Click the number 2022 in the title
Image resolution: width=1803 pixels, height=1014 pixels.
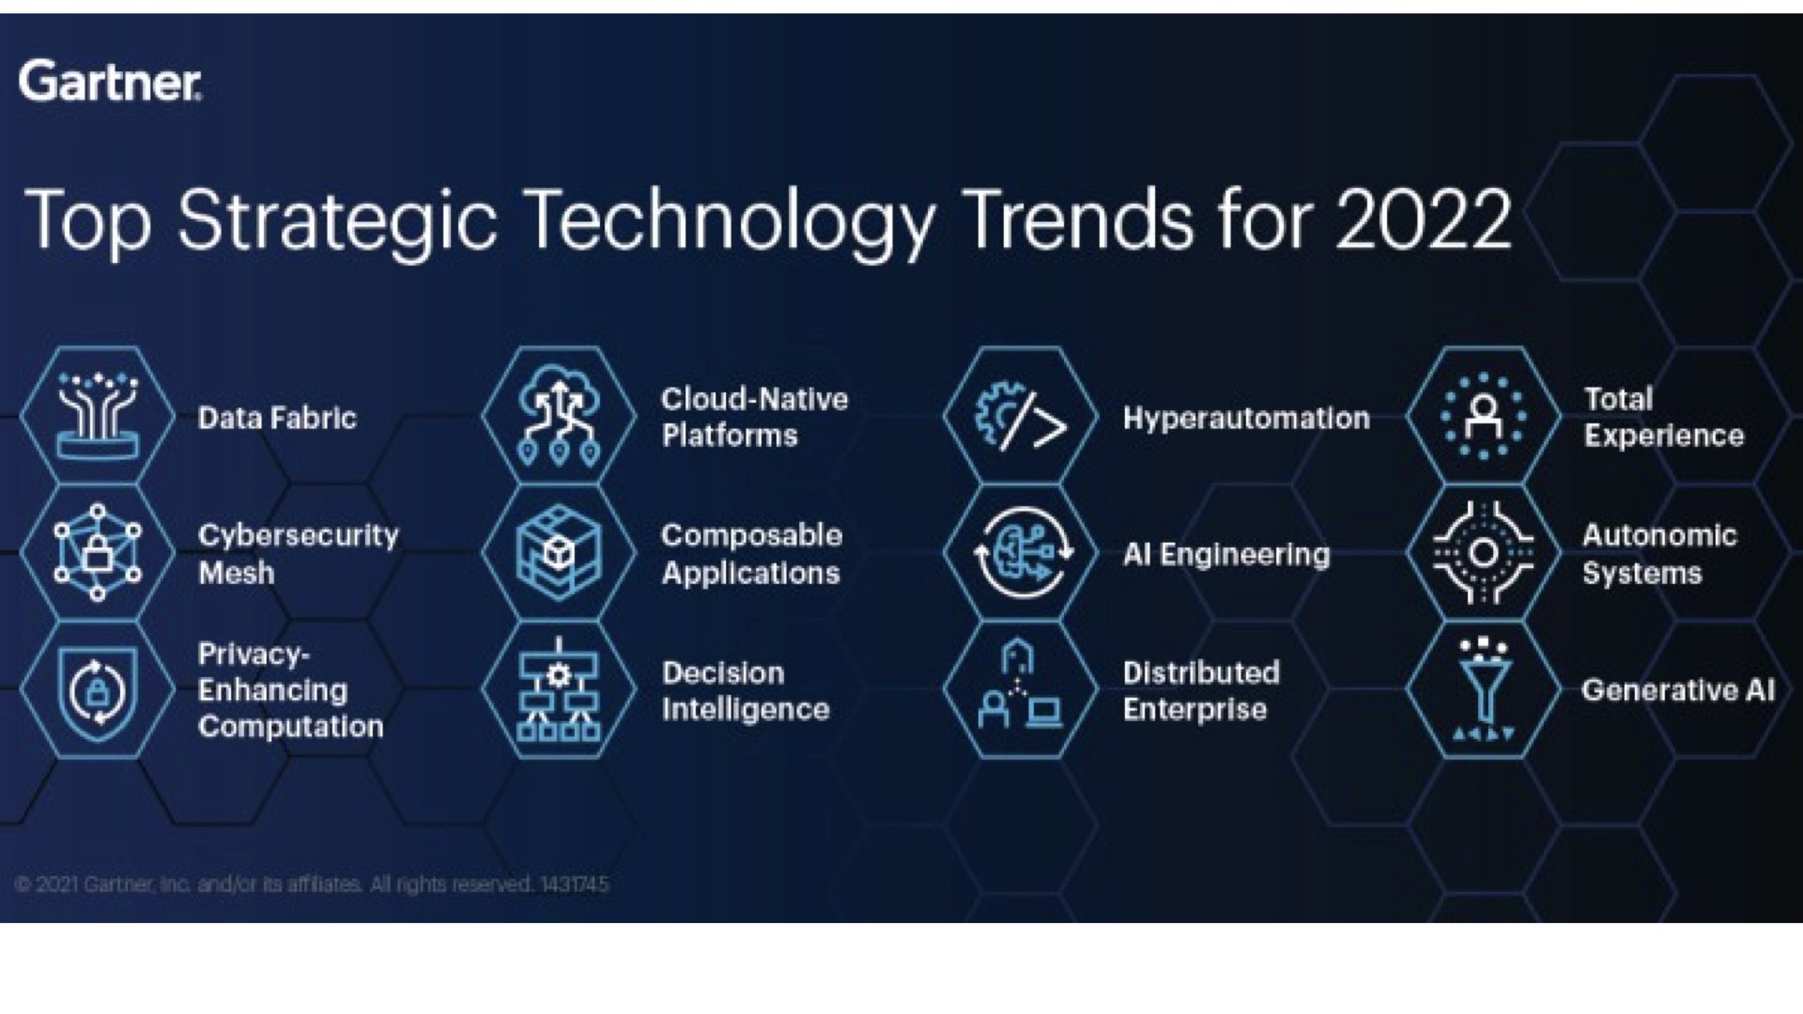coord(1423,220)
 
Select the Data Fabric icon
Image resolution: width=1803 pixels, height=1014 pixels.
coord(98,415)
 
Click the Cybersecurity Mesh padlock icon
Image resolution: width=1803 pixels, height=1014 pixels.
coord(98,552)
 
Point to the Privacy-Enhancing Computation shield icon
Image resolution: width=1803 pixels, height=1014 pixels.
coord(98,690)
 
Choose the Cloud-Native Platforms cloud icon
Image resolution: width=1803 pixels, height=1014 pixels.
coord(560,415)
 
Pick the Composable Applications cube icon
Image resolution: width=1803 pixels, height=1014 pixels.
coord(560,552)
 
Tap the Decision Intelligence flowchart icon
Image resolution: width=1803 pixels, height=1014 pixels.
coord(560,690)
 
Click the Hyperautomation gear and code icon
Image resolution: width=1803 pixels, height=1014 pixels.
coord(1021,415)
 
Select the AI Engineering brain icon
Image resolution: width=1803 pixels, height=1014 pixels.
coord(1021,552)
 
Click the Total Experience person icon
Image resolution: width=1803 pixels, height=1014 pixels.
coord(1484,415)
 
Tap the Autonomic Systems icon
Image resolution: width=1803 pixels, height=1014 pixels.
coord(1484,552)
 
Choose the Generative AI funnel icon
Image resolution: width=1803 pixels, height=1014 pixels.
coord(1484,690)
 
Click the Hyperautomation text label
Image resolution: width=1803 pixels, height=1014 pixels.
coord(1246,419)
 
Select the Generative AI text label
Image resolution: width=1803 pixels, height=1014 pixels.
coord(1678,690)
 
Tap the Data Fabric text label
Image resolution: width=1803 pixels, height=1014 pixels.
coord(277,418)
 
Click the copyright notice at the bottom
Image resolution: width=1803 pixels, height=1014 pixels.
coord(313,884)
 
